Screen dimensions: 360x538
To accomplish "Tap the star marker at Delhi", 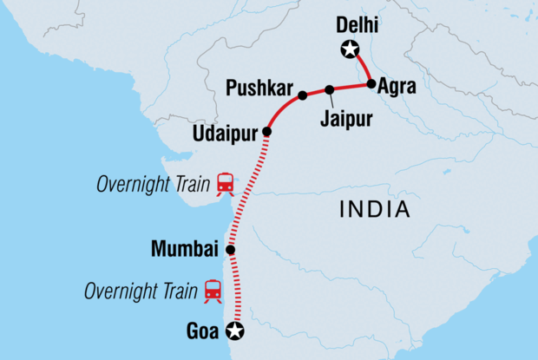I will [x=350, y=50].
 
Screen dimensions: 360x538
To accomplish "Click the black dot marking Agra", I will [x=371, y=84].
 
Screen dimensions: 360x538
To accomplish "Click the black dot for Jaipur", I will [x=330, y=89].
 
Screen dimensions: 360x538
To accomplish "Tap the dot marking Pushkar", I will [x=302, y=95].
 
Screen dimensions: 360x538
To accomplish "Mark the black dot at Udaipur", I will [x=266, y=132].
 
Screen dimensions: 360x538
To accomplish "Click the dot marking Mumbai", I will [x=230, y=250].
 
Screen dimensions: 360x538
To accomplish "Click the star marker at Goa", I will [x=233, y=330].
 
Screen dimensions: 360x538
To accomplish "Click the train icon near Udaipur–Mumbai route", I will [x=226, y=183].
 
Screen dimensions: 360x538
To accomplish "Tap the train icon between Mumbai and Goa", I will [x=212, y=290].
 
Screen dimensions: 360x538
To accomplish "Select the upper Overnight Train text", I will [x=153, y=184].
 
